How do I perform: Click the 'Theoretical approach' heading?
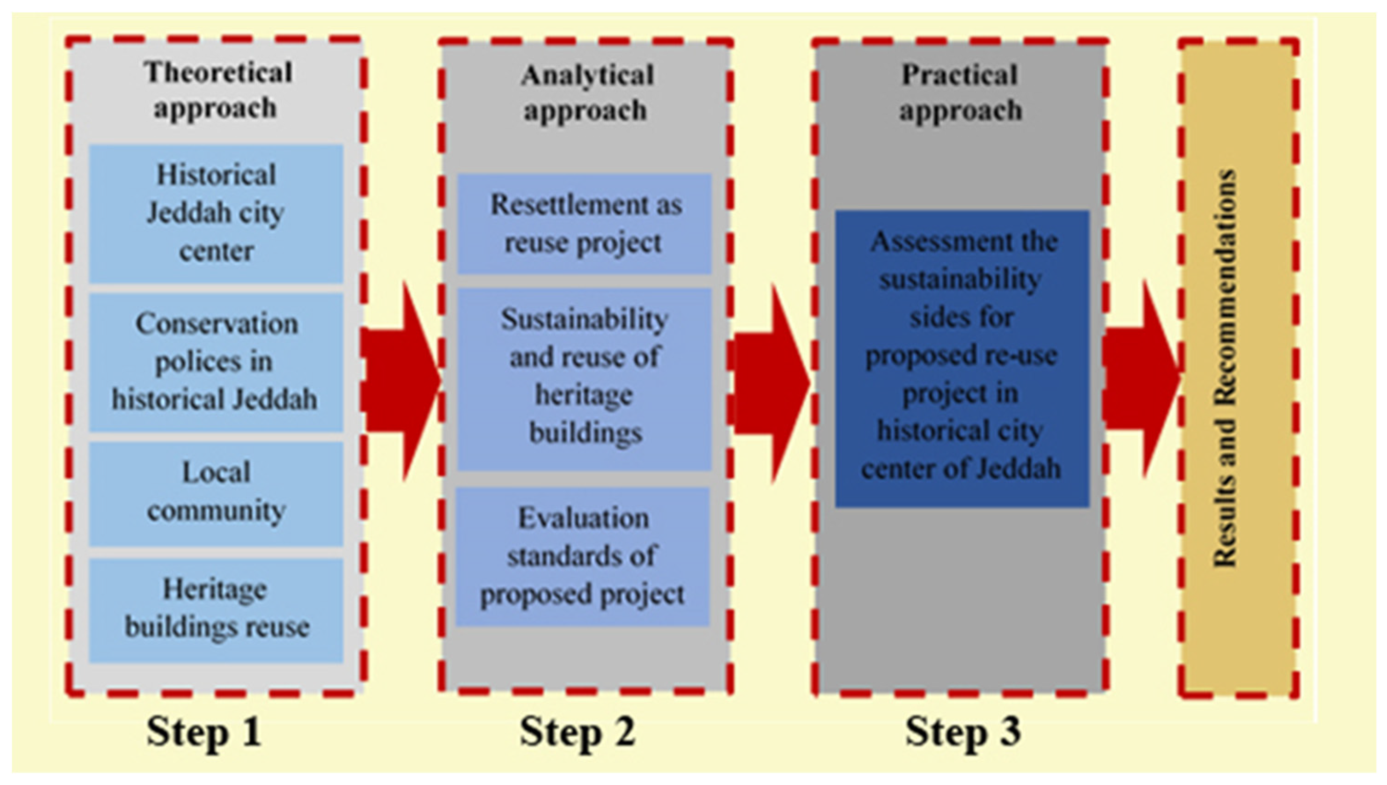(x=217, y=90)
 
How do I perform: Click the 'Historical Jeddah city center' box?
(x=216, y=214)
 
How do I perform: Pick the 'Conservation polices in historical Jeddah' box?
(x=216, y=362)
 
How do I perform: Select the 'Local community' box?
(x=216, y=493)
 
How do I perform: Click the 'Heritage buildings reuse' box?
(x=216, y=609)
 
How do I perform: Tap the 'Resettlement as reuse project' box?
(x=585, y=223)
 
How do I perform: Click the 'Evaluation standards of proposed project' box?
(x=582, y=556)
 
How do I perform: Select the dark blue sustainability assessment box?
(x=962, y=358)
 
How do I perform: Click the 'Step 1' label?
(x=204, y=732)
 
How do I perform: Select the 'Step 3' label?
(x=963, y=732)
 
